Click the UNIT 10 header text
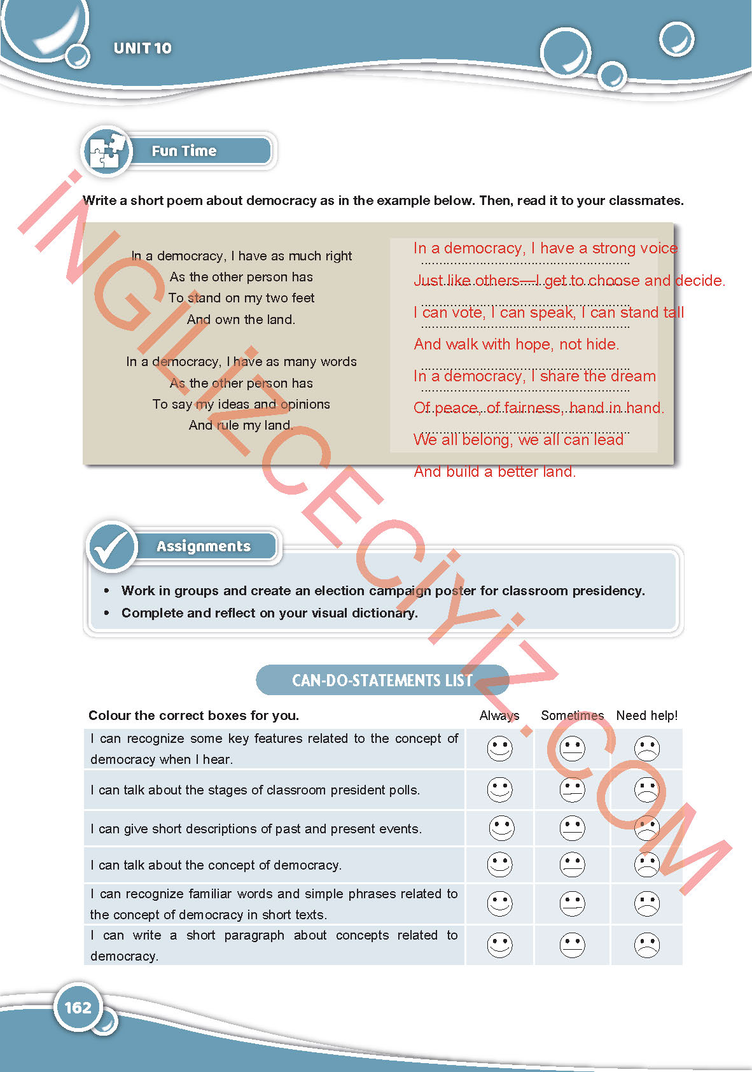pos(143,48)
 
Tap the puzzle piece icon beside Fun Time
pos(106,151)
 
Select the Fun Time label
pos(184,151)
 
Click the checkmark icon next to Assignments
pos(112,546)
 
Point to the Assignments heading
pos(204,546)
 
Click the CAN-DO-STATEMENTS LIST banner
pos(382,680)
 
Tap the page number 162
pos(78,1007)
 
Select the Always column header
pos(499,716)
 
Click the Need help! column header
pos(646,716)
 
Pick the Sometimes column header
pos(572,716)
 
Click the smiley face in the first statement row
pos(499,749)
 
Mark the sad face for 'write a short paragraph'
pos(647,945)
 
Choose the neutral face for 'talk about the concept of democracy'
pos(572,864)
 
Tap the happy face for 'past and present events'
pos(501,828)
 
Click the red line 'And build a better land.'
pos(494,472)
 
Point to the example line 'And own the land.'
pos(241,320)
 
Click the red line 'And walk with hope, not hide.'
pos(516,344)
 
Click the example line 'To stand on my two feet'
pos(241,298)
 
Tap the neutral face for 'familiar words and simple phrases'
pos(572,904)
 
